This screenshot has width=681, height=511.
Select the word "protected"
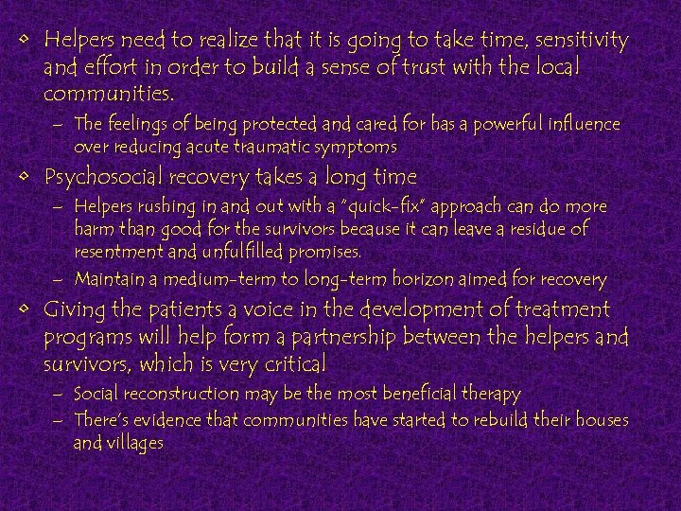click(x=262, y=124)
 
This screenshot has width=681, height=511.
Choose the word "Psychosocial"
click(x=102, y=177)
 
